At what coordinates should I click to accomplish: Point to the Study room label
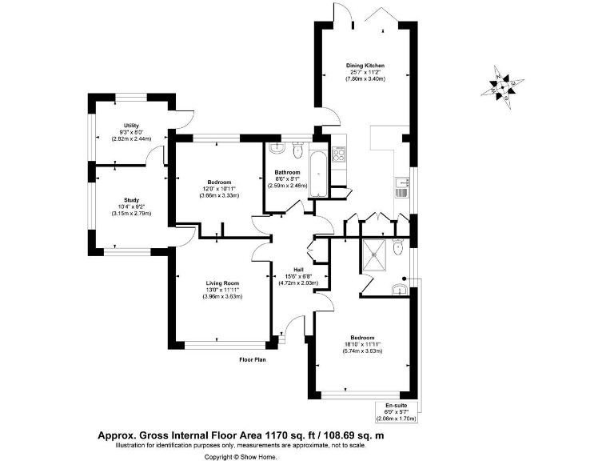point(132,200)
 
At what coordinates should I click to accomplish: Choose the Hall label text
point(298,270)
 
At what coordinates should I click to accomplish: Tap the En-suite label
point(396,406)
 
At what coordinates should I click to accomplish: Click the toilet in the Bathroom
point(297,150)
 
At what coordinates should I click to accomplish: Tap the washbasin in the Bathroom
point(276,148)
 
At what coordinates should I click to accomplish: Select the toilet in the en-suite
point(397,248)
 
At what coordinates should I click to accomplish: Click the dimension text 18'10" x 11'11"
point(361,344)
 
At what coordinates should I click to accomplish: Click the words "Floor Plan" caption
point(253,359)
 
